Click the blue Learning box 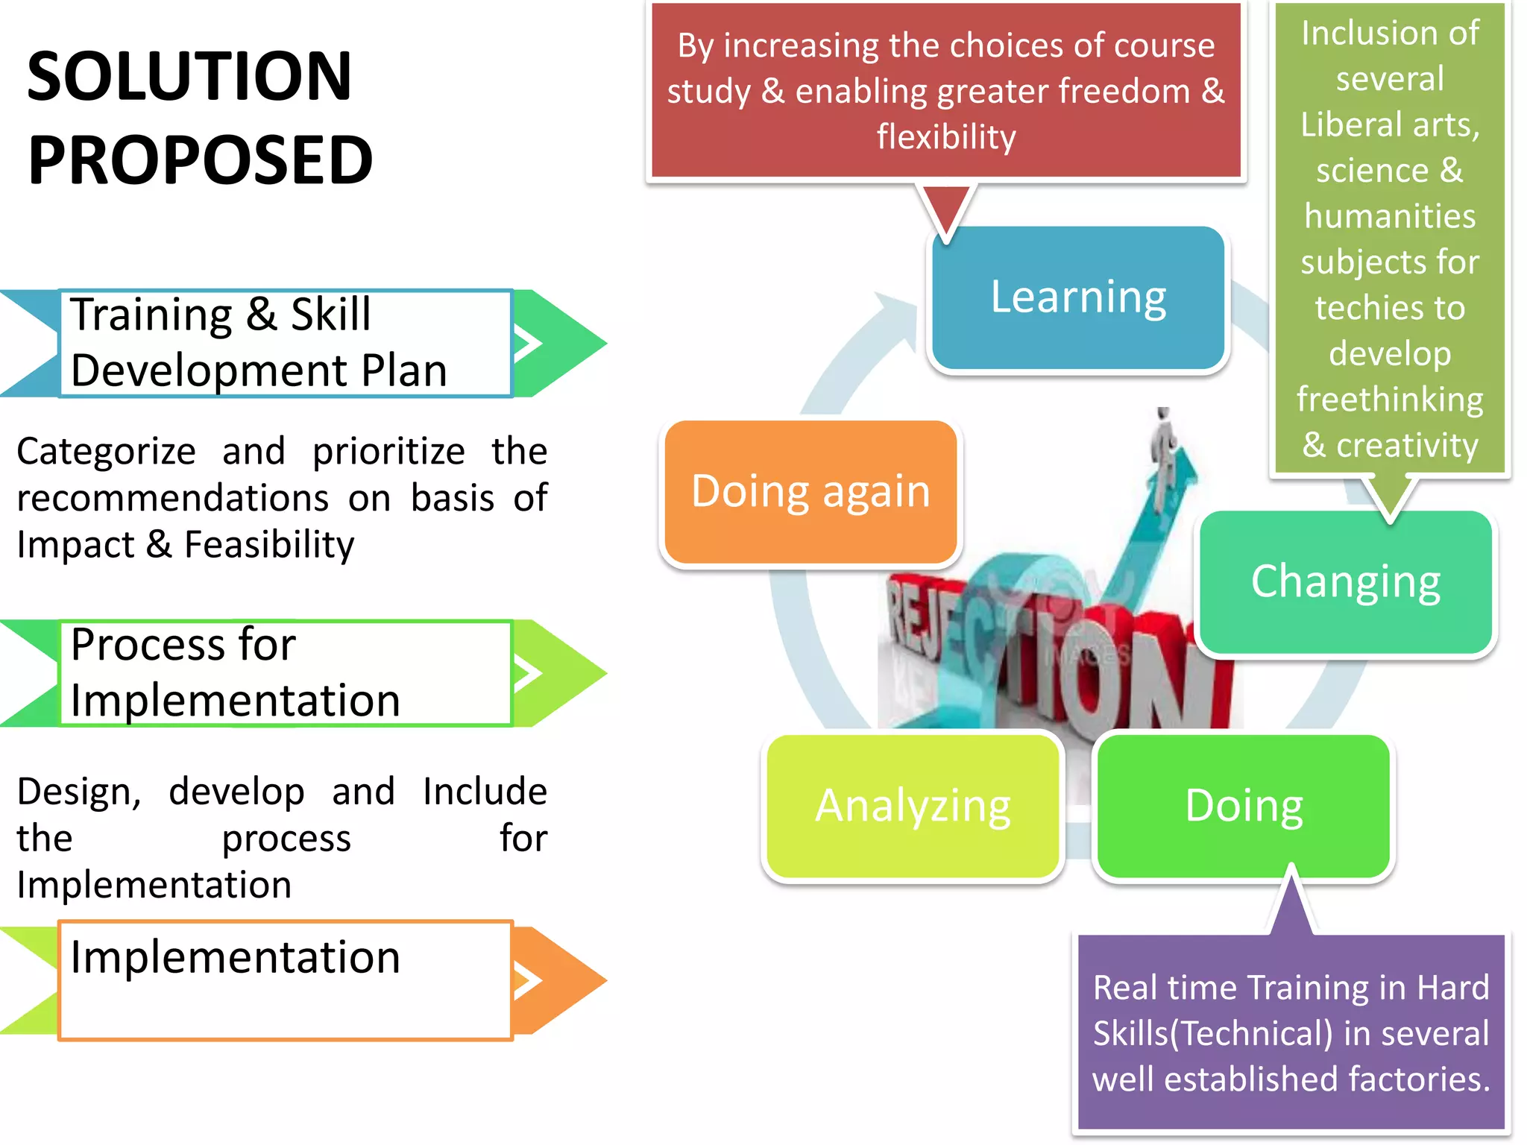pos(1077,297)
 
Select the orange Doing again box pos(810,492)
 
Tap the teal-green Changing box pos(1345,582)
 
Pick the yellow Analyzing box pos(912,807)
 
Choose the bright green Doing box pos(1244,807)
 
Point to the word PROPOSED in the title pos(200,160)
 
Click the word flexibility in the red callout pos(945,137)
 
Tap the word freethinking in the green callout pos(1389,400)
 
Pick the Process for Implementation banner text pos(235,672)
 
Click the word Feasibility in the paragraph pos(269,544)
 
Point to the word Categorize pos(106,452)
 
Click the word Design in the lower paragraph pos(78,792)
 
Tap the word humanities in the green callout pos(1389,217)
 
